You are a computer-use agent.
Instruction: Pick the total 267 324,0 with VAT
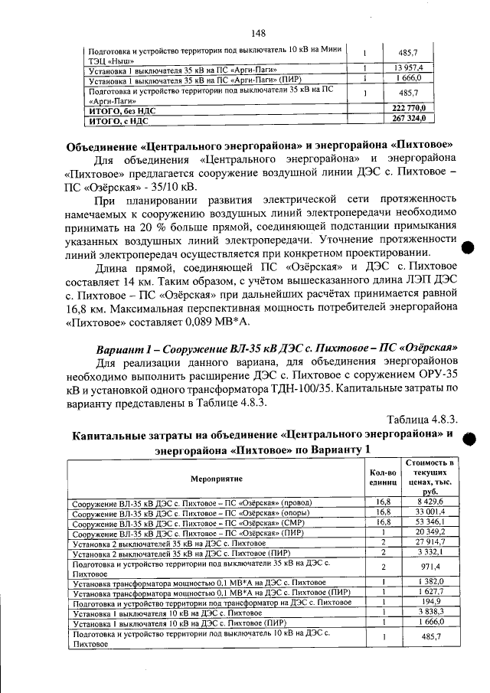point(418,119)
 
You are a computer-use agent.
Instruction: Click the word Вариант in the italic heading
point(120,345)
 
